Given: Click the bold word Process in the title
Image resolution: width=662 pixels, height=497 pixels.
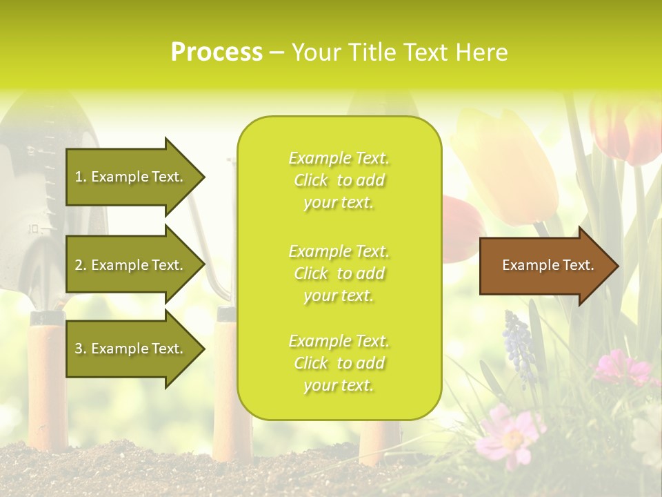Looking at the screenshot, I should tap(217, 52).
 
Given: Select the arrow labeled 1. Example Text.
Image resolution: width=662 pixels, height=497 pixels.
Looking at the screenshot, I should tap(131, 177).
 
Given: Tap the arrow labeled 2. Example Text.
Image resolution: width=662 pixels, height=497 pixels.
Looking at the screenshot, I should tap(131, 265).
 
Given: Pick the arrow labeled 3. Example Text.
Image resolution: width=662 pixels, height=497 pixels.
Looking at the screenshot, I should tap(131, 349).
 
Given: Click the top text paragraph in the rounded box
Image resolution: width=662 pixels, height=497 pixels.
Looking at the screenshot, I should tap(339, 180).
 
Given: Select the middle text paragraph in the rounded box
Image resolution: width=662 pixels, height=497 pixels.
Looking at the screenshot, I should tap(339, 273).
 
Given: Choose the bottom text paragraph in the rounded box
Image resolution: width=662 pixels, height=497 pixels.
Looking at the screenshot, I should tap(339, 363).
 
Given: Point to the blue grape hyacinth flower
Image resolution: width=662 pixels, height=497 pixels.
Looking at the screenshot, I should tap(519, 345).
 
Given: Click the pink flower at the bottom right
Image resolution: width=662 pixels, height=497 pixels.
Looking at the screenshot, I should tap(510, 435).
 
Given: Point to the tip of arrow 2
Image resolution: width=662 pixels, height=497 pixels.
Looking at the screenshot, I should tap(204, 265).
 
